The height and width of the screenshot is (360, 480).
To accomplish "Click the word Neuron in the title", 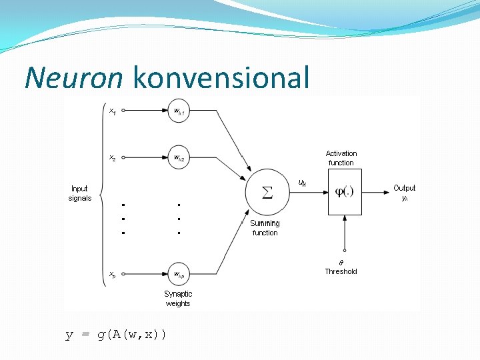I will [73, 78].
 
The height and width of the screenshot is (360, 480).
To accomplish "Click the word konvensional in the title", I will [221, 78].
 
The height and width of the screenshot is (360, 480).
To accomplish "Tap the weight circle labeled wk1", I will [178, 113].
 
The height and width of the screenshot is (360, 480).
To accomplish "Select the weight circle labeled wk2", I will [178, 158].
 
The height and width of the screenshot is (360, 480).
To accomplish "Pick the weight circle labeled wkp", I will [178, 273].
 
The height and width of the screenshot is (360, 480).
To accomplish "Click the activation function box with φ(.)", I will [344, 192].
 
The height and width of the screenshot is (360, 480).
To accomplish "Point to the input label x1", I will [112, 111].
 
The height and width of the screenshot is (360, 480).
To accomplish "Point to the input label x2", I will [112, 158].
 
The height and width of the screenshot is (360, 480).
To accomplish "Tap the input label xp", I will [112, 273].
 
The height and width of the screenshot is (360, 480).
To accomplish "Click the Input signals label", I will [80, 193].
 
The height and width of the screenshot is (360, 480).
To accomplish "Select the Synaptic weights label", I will [178, 299].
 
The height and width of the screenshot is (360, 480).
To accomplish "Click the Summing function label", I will [265, 228].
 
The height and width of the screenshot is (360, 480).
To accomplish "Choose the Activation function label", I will [341, 158].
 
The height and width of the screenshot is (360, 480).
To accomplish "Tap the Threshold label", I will [341, 271].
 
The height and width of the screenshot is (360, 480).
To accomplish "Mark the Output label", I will [404, 189].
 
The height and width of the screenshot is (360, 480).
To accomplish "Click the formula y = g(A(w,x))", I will [116, 334].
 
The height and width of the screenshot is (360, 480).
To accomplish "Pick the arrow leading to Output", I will [377, 192].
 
